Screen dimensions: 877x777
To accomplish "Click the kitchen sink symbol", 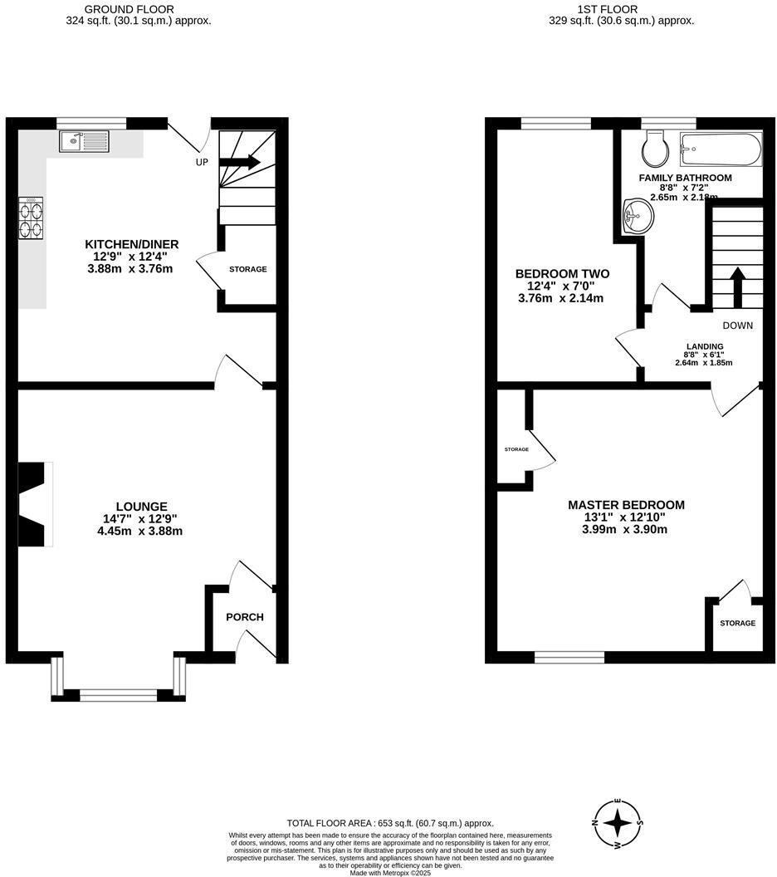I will pos(84,141).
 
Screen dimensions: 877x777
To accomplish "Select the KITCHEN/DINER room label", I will pos(132,244).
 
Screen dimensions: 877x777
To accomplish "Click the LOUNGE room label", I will pos(141,507).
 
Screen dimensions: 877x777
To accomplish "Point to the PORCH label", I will pos(245,617).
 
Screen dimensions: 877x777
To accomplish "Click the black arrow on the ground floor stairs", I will pos(242,162).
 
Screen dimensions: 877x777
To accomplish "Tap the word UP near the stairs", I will pos(202,163).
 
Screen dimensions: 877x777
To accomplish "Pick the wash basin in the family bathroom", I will pos(637,218).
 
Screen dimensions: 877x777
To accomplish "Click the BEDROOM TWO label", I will pos(562,274).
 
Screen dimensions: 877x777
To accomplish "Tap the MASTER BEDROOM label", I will pos(626,505).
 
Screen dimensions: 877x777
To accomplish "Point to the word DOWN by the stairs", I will pos(737,326).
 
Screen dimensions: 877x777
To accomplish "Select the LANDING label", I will pos(704,346).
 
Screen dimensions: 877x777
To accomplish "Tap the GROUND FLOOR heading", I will pos(139,9).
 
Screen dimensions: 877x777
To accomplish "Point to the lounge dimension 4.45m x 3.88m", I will pos(139,531).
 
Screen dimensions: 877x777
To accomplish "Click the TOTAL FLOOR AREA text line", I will pos(390,822).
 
